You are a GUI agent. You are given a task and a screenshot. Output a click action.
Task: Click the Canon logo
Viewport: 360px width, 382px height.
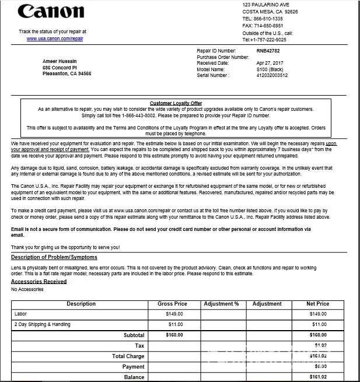51,12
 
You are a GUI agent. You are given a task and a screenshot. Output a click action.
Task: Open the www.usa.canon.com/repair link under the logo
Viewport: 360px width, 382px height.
55,38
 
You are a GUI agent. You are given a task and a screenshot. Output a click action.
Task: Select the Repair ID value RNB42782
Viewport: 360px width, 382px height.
268,51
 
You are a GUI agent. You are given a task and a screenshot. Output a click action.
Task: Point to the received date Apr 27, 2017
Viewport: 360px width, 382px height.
270,63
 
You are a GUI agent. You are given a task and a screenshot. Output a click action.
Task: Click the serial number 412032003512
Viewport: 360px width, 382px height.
272,75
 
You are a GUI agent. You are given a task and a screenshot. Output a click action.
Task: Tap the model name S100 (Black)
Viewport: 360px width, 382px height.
270,69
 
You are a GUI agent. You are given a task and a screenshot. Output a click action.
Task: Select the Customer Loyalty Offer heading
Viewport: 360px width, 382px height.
176,103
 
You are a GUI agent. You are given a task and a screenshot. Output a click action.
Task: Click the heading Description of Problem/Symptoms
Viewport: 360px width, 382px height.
54,257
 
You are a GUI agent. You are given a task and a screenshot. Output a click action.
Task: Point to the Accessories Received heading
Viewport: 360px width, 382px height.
39,281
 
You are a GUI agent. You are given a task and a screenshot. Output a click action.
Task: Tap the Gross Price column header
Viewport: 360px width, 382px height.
172,304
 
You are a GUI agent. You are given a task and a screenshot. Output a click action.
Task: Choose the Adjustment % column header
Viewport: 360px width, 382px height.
221,304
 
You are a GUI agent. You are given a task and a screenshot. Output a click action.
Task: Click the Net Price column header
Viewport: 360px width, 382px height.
318,304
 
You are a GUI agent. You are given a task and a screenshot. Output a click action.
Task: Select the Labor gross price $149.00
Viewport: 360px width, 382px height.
174,314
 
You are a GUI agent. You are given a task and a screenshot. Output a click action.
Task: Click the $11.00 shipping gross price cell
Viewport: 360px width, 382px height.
175,324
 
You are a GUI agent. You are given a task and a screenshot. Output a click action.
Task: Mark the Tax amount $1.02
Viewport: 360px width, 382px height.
320,345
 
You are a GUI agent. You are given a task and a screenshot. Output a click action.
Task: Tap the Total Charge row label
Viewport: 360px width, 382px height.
128,356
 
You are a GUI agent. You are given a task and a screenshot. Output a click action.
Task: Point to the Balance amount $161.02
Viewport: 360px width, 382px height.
319,377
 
